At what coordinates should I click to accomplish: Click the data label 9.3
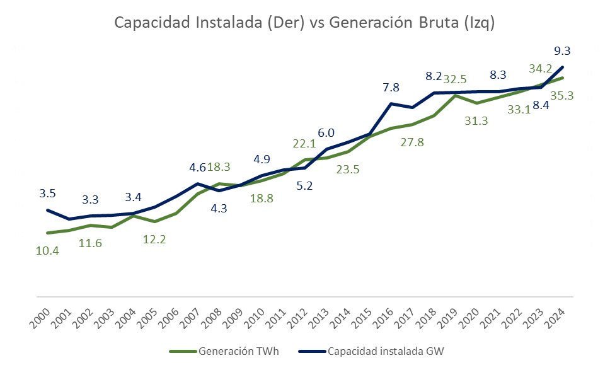(x=563, y=50)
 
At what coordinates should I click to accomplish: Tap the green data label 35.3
(x=561, y=96)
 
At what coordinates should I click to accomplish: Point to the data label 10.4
(x=47, y=251)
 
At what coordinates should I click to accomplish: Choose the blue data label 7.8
(x=391, y=88)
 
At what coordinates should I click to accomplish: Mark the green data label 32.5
(x=454, y=80)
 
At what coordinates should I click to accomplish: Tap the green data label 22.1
(x=304, y=144)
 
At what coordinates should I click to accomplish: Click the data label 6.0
(x=326, y=133)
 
